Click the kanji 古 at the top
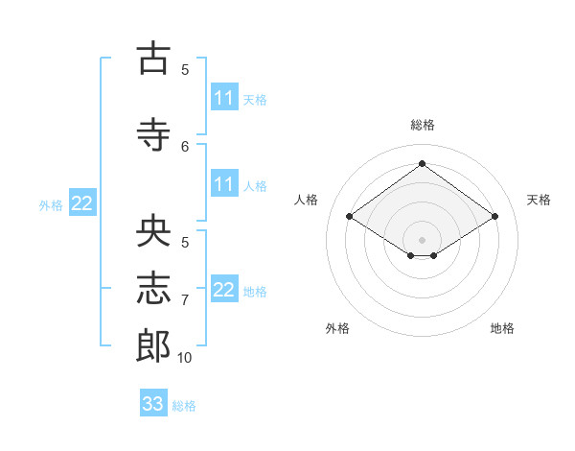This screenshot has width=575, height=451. coord(153,58)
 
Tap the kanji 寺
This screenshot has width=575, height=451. coord(153,134)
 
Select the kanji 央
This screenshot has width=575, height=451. coord(153,230)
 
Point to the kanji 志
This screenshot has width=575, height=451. coord(153,288)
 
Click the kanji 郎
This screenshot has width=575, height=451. coord(153,345)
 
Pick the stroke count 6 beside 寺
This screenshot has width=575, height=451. coord(185,147)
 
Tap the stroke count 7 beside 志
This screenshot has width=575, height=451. coord(185,300)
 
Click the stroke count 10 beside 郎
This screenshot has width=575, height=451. coord(184,358)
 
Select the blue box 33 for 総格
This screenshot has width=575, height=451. coord(153,402)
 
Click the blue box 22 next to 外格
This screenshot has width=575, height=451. coord(82,202)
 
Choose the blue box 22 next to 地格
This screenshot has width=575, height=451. coord(225,288)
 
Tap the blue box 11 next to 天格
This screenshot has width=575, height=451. coord(225,97)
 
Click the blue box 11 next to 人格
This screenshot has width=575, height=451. coord(225,183)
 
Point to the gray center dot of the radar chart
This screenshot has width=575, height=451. coord(422,240)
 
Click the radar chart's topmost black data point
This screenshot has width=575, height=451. coord(422,163)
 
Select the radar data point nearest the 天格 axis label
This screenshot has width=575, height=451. coord(494,216)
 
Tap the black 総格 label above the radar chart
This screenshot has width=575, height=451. coord(423,125)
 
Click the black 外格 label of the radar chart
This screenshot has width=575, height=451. coord(337,328)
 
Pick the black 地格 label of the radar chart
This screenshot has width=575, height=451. coord(502,328)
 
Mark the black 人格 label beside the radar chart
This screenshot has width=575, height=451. coord(306,200)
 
